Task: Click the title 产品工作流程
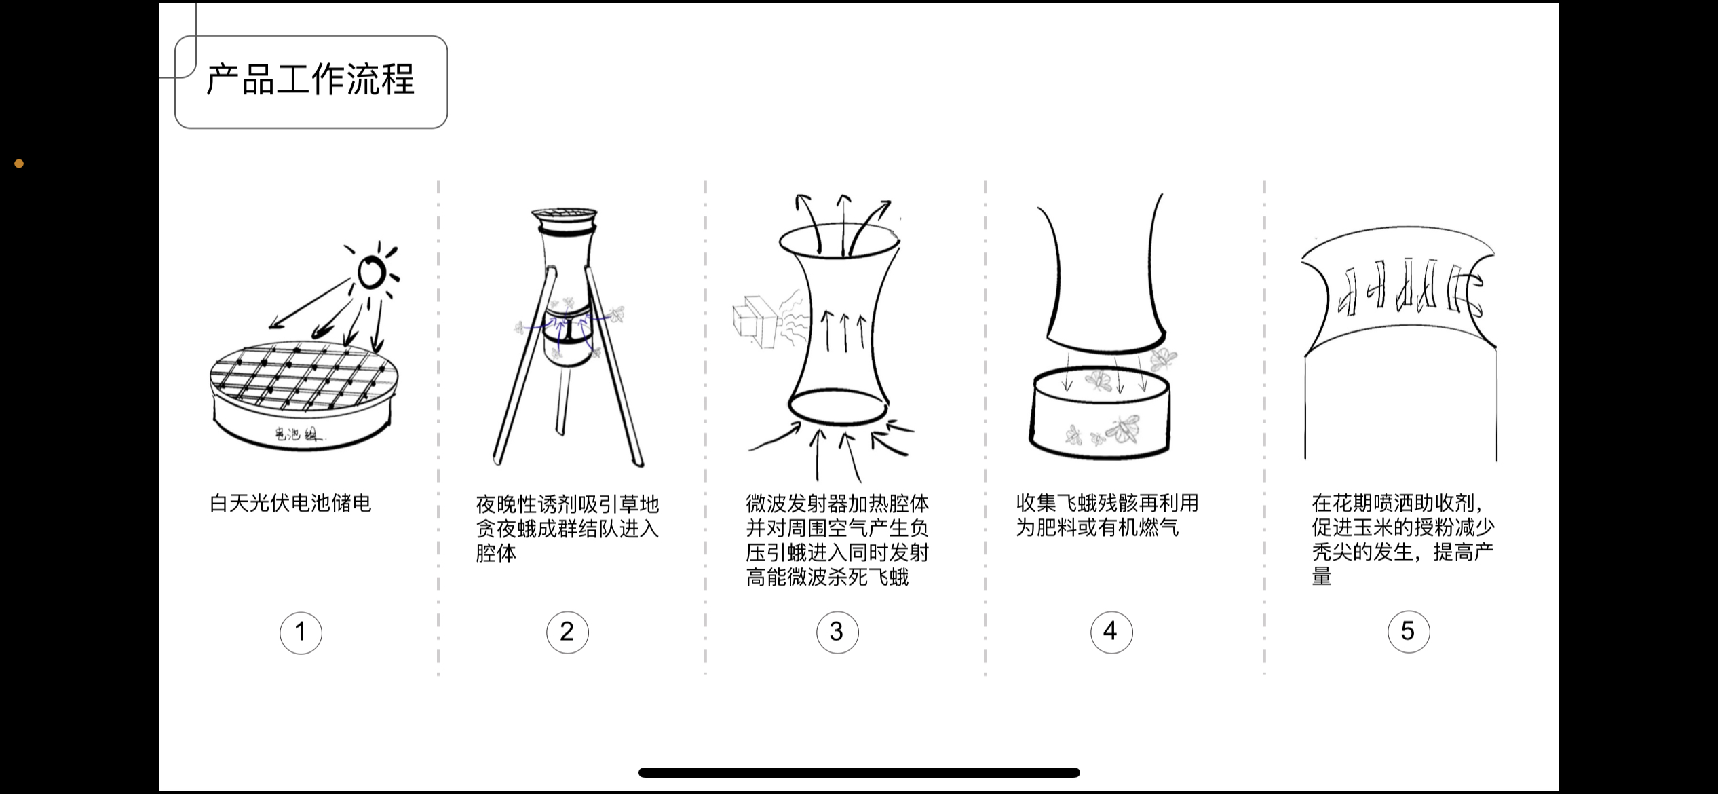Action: point(310,80)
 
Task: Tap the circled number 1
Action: point(301,632)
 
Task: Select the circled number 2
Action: point(567,632)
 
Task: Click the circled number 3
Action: point(837,632)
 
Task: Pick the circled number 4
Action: point(1111,632)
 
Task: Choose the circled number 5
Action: point(1408,632)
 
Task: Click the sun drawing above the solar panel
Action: point(372,273)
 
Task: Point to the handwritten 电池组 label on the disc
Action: point(299,434)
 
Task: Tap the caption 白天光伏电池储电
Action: point(290,504)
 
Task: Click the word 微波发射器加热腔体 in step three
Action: point(837,504)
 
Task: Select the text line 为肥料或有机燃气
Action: point(1096,528)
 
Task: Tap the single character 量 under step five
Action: point(1321,577)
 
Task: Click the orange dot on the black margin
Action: point(19,164)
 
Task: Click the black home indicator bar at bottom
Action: point(858,772)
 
